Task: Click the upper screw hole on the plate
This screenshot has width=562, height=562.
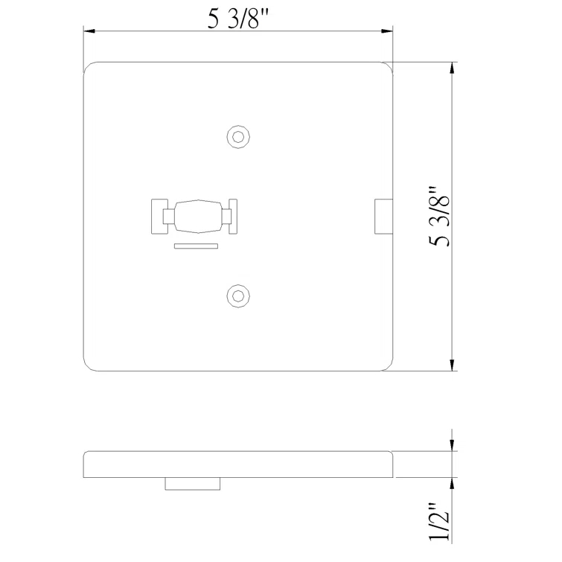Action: click(x=237, y=137)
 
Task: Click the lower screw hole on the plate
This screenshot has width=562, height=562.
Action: click(x=237, y=296)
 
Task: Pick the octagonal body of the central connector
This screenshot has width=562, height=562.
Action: click(x=194, y=217)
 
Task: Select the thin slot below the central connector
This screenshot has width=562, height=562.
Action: click(x=195, y=245)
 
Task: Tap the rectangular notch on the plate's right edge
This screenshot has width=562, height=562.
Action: click(x=383, y=216)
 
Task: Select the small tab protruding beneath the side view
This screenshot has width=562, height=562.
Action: click(x=193, y=484)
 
